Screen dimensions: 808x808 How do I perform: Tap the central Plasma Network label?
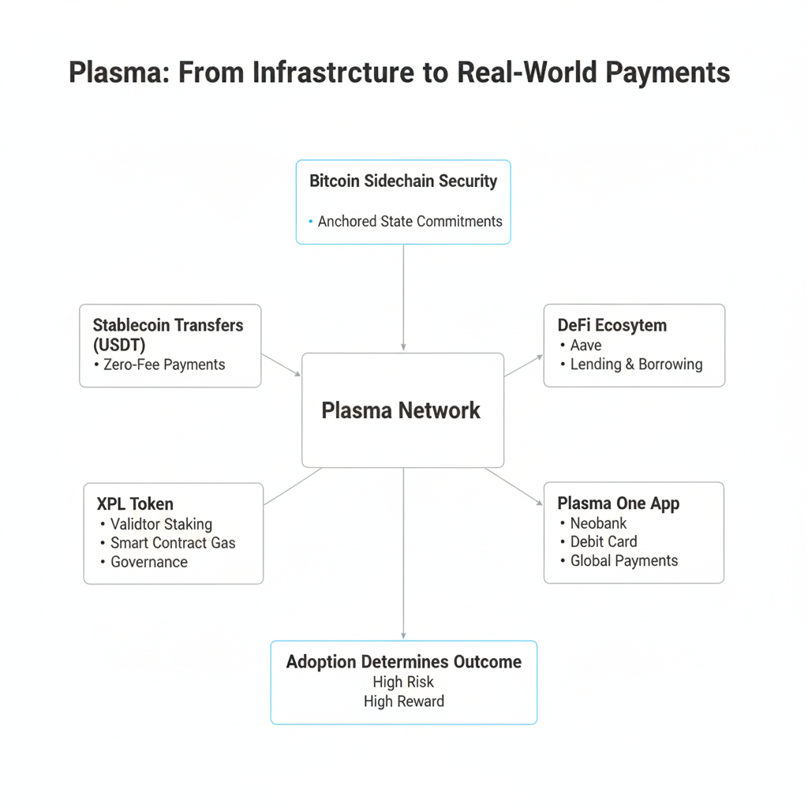[401, 410]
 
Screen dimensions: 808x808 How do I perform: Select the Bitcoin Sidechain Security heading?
[403, 181]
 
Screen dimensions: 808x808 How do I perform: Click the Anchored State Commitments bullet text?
[410, 222]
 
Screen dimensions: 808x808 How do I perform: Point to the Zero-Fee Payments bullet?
[164, 365]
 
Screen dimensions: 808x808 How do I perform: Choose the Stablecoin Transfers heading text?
[168, 325]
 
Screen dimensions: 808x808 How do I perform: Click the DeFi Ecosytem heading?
[612, 325]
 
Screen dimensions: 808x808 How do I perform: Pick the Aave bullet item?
[585, 345]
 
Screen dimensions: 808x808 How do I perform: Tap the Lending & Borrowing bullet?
[636, 365]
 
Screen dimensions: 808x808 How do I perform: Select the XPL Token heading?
[135, 503]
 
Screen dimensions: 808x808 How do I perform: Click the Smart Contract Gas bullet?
[173, 543]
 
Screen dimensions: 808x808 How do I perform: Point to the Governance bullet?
[149, 562]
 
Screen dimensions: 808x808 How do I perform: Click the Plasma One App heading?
[618, 503]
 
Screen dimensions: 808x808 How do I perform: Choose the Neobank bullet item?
[598, 523]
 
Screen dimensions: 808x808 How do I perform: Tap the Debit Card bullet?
[604, 542]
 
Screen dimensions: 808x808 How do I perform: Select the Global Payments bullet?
[624, 561]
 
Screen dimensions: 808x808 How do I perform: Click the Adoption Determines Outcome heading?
[403, 661]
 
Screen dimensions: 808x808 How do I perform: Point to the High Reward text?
[403, 701]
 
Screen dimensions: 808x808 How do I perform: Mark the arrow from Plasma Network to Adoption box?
[403, 552]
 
